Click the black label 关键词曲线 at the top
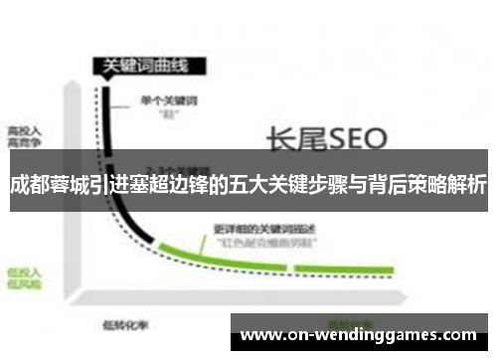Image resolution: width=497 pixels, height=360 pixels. tap(141, 67)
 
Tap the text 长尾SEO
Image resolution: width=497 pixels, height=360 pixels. tap(318, 135)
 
